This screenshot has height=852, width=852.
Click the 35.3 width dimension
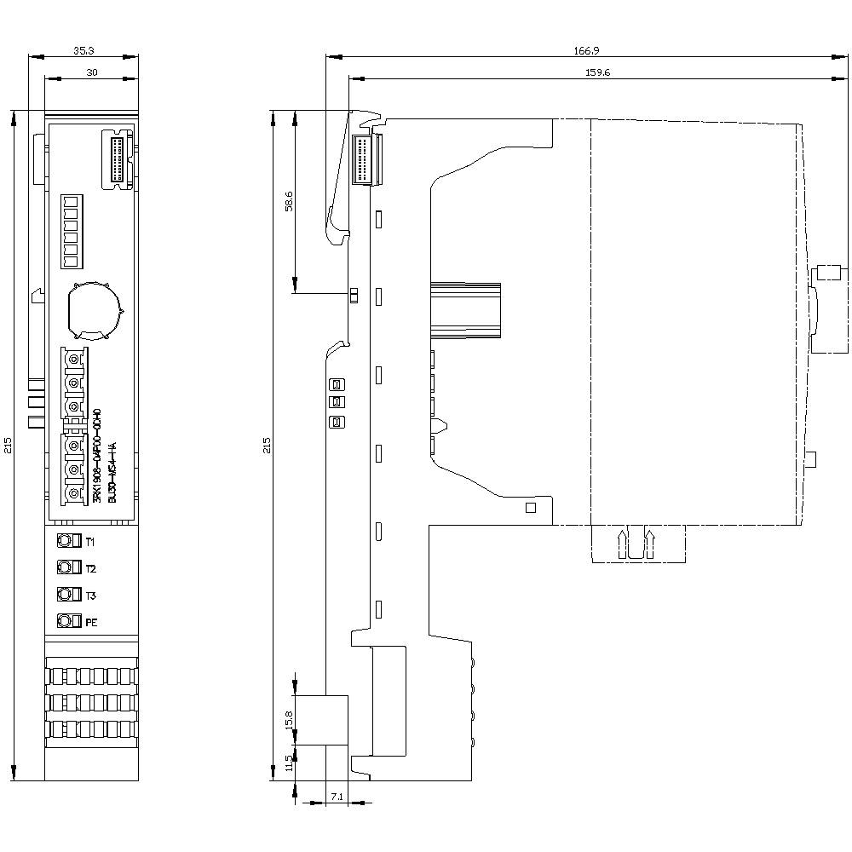point(83,51)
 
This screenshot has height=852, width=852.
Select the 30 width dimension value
point(91,73)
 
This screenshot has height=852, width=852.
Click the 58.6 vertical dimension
point(289,201)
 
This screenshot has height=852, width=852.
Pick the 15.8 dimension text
point(289,718)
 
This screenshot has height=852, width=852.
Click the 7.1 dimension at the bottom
point(337,797)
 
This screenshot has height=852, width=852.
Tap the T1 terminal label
point(90,542)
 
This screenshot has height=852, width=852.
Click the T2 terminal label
point(90,568)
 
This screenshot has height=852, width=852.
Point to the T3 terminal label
point(90,595)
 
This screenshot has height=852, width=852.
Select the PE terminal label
point(91,622)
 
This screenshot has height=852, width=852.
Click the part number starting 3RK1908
point(96,456)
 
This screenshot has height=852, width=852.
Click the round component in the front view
point(94,308)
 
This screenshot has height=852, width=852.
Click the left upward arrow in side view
point(623,543)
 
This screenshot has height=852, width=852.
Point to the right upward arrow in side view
point(652,543)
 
